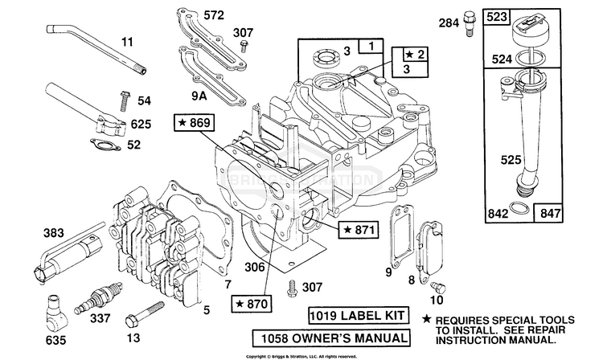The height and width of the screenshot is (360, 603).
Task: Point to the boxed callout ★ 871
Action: point(357,230)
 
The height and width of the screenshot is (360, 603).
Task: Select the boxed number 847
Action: point(571,212)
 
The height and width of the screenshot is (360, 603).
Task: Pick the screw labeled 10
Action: point(438,287)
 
